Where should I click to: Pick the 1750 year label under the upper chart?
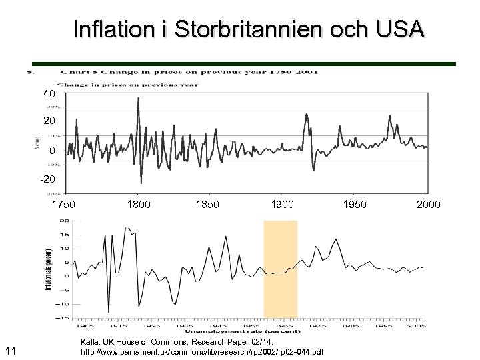64,204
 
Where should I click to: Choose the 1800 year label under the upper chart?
139,204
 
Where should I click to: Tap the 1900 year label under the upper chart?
283,204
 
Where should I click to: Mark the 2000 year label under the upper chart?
428,204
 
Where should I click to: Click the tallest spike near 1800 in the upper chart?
138,99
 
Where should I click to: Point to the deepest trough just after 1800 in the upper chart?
141,182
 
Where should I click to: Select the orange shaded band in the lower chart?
280,269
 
